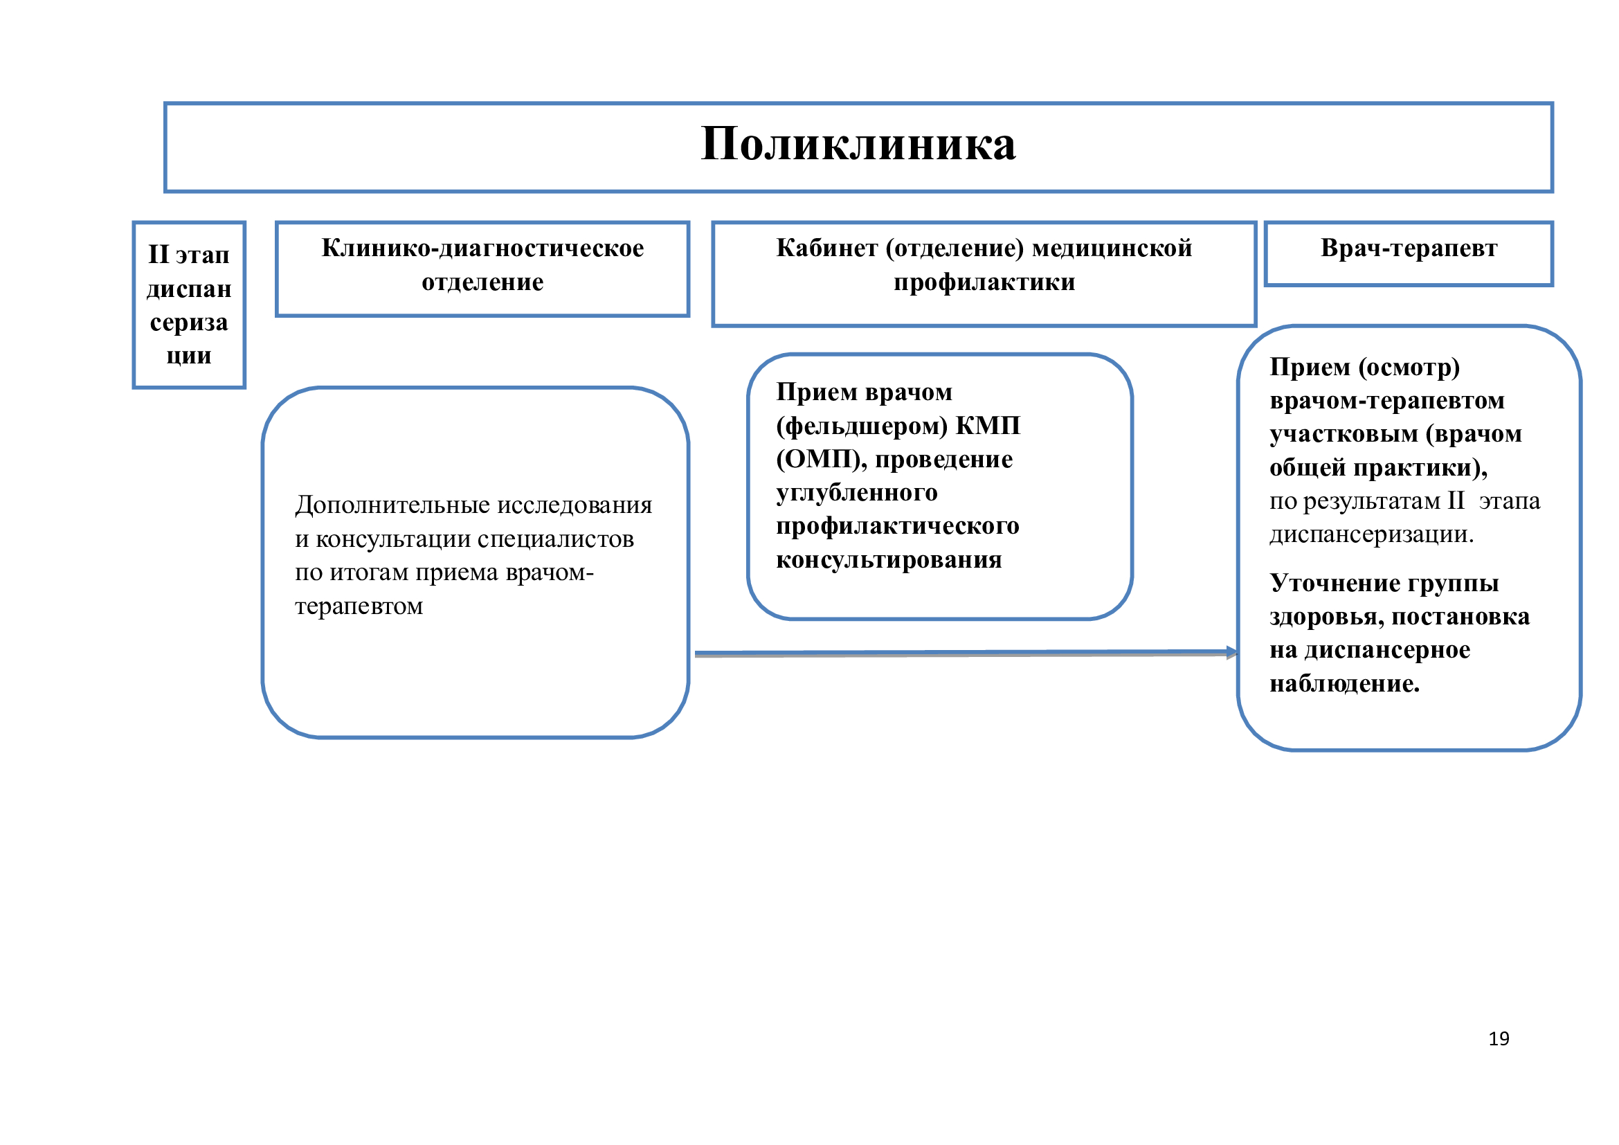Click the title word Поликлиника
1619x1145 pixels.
click(858, 145)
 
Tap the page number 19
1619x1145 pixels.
click(1499, 1038)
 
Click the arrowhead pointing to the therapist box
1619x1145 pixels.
click(1231, 652)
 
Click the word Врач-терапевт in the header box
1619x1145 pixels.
click(1408, 249)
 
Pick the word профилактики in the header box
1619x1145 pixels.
click(984, 282)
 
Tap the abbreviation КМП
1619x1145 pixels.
click(987, 426)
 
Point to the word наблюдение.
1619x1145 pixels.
click(1344, 684)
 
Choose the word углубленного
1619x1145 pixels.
click(857, 493)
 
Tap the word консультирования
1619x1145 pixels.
click(889, 560)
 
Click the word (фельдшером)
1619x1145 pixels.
click(862, 426)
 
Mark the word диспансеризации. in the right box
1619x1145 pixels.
click(1371, 534)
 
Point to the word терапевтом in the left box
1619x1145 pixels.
click(359, 606)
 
